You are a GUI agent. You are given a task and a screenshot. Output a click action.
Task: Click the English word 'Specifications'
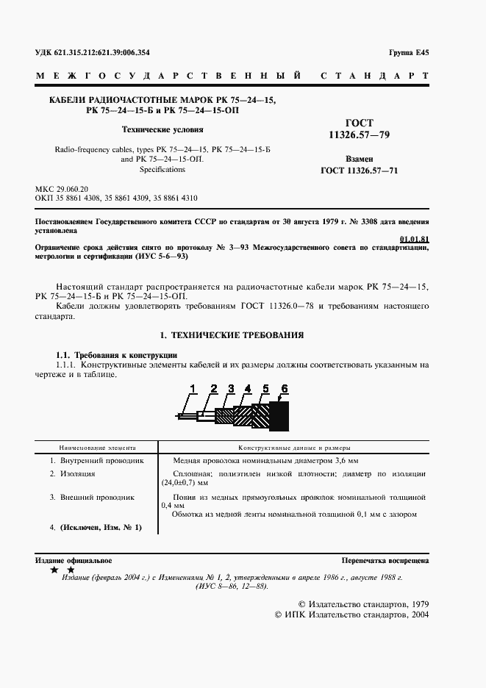[152, 169]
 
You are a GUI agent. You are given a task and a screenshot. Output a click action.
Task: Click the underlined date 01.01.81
[415, 240]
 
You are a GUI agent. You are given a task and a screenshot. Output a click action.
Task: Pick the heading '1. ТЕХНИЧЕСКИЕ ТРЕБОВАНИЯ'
[233, 334]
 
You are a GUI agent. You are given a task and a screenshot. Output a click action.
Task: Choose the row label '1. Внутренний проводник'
[96, 460]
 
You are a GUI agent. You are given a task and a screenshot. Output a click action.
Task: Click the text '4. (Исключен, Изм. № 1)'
[95, 528]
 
